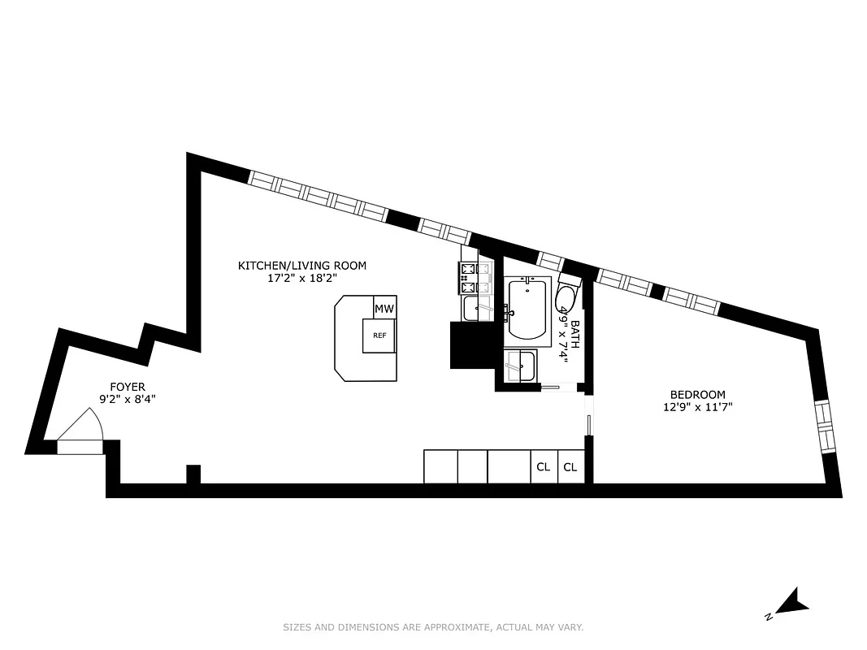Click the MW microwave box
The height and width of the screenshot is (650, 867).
click(x=384, y=309)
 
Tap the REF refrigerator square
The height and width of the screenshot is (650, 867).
click(x=379, y=336)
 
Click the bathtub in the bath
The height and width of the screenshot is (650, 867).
click(x=529, y=310)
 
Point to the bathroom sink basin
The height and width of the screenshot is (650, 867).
click(x=519, y=365)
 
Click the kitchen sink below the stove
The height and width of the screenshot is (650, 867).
click(x=474, y=309)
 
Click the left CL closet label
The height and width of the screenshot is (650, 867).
click(x=543, y=467)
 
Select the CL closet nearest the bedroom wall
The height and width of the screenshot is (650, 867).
click(x=570, y=467)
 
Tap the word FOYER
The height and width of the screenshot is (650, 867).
click(x=128, y=387)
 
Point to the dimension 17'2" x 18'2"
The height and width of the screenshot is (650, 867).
click(x=301, y=278)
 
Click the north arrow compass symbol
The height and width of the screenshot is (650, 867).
click(x=790, y=603)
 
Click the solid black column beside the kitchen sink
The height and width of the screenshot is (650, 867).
click(x=471, y=345)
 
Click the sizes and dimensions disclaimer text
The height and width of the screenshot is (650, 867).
click(x=433, y=627)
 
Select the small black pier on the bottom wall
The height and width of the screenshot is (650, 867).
click(x=193, y=474)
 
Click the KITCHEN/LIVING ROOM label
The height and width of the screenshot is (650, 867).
click(x=301, y=265)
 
